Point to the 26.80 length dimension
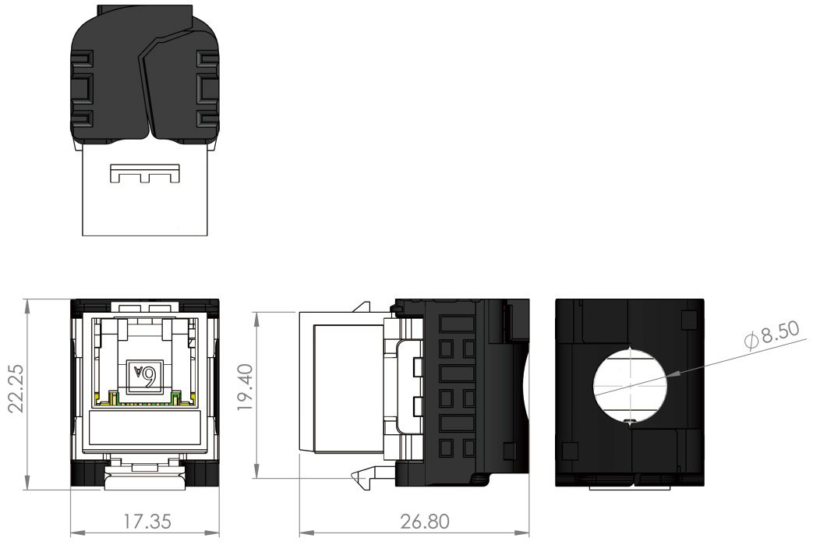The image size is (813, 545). click(415, 520)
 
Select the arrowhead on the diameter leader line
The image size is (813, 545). click(672, 373)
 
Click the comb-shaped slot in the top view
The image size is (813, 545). click(145, 172)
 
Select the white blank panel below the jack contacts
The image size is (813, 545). click(145, 427)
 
